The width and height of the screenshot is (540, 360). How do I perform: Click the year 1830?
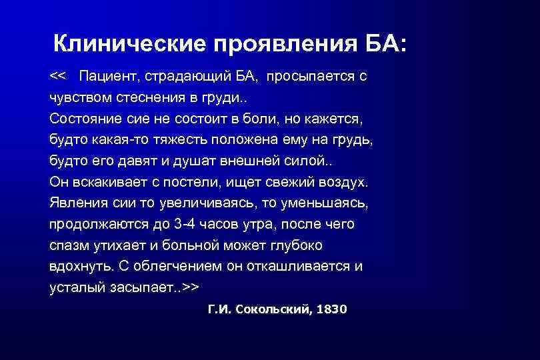331,310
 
